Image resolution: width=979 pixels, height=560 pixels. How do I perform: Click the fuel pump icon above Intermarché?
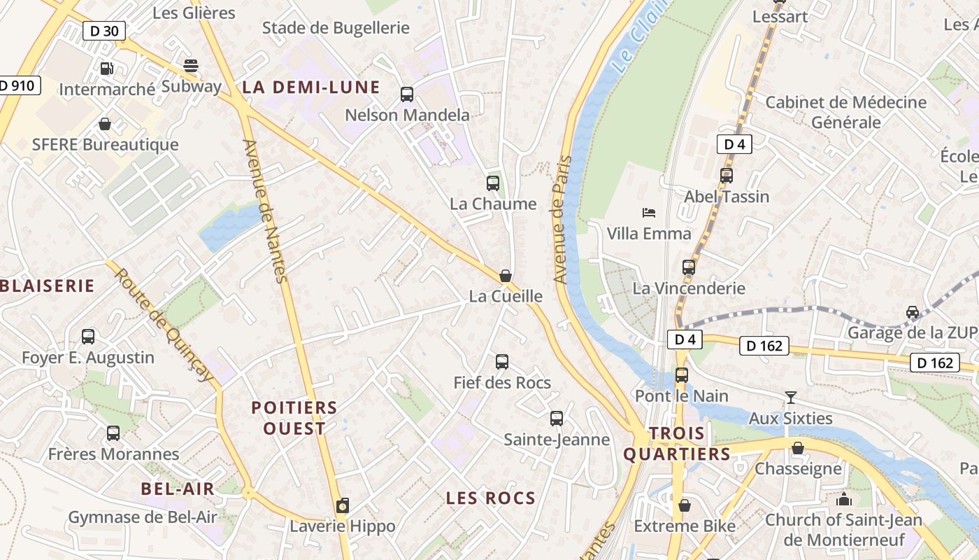pyautogui.click(x=106, y=69)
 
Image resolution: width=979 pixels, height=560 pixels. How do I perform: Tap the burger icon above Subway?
pyautogui.click(x=191, y=66)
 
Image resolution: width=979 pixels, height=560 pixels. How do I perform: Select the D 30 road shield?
pyautogui.click(x=105, y=31)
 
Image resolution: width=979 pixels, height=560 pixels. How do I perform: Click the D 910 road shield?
pyautogui.click(x=17, y=86)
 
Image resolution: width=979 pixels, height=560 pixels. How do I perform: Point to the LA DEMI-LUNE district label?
pyautogui.click(x=311, y=87)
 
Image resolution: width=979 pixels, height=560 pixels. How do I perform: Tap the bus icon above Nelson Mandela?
pyautogui.click(x=407, y=94)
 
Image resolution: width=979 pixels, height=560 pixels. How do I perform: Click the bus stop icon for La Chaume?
pyautogui.click(x=493, y=183)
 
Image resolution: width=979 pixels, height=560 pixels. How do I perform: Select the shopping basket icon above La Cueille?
pyautogui.click(x=506, y=276)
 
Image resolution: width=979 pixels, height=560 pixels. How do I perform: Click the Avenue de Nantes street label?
pyautogui.click(x=266, y=211)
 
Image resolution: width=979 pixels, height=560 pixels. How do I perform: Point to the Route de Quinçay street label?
pyautogui.click(x=164, y=325)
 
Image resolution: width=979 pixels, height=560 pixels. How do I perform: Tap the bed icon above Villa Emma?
pyautogui.click(x=649, y=212)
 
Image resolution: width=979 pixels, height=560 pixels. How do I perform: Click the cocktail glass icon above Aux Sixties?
pyautogui.click(x=791, y=398)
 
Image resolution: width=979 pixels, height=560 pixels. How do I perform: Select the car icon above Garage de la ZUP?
pyautogui.click(x=913, y=311)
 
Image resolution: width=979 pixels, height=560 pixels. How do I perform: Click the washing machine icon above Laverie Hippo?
pyautogui.click(x=343, y=505)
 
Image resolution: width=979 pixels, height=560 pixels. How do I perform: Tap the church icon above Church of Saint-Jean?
pyautogui.click(x=844, y=499)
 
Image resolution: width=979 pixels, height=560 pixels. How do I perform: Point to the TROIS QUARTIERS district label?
pyautogui.click(x=677, y=444)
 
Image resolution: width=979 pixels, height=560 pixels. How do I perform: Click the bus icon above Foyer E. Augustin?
pyautogui.click(x=88, y=337)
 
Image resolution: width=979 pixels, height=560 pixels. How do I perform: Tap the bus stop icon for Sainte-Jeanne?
pyautogui.click(x=557, y=419)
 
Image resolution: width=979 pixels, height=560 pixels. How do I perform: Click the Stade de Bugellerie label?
pyautogui.click(x=336, y=28)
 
